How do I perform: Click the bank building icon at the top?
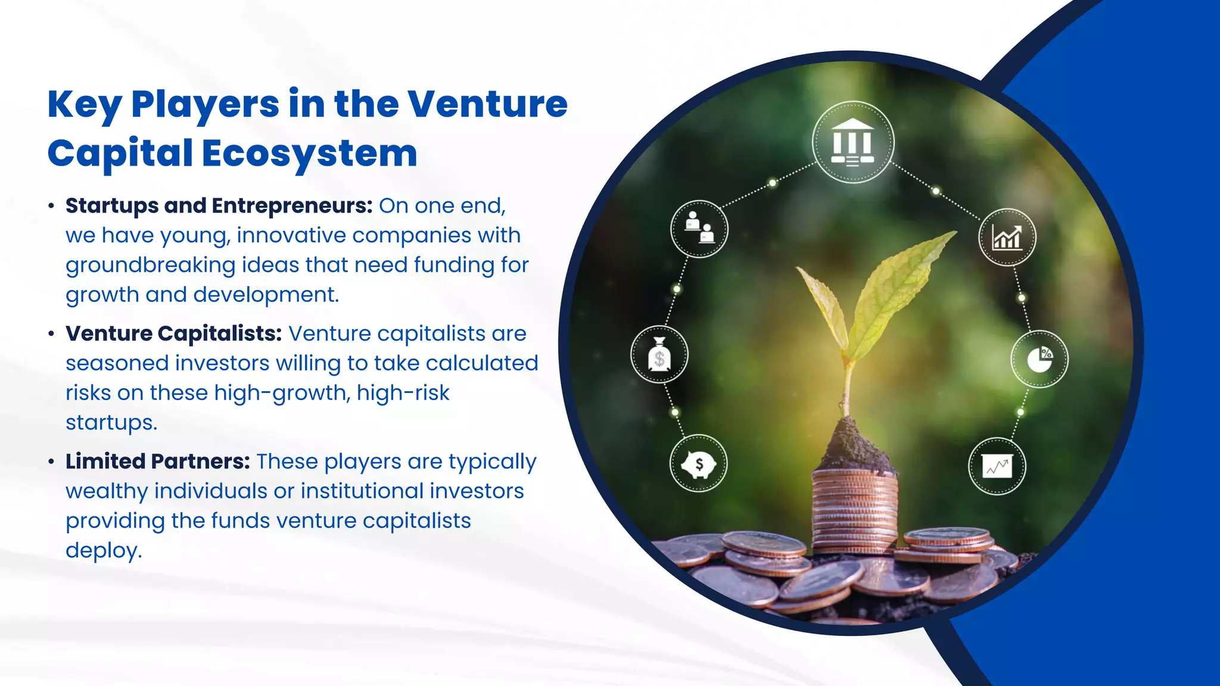click(x=853, y=142)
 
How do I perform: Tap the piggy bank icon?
click(x=698, y=463)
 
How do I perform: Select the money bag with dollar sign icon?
click(x=659, y=355)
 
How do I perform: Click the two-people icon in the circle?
click(x=699, y=229)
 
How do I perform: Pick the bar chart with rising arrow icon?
click(x=1007, y=237)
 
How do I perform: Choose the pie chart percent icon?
click(x=1040, y=359)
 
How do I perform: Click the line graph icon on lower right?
click(x=997, y=466)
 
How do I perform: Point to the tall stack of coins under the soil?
click(x=854, y=509)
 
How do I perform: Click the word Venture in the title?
click(x=487, y=104)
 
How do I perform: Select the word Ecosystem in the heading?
click(x=309, y=154)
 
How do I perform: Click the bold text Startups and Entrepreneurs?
click(x=219, y=205)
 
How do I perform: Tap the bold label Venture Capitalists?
click(x=173, y=333)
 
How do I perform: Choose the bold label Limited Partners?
click(x=157, y=462)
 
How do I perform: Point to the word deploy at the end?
click(x=103, y=550)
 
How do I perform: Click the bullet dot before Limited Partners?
click(x=52, y=462)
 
